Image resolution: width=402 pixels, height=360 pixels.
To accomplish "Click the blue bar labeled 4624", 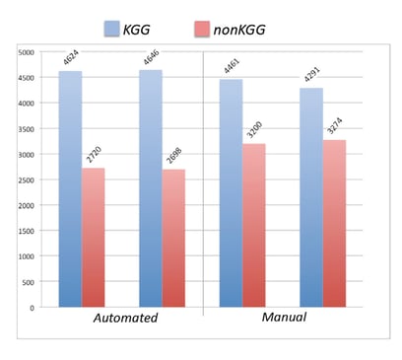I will (69, 188).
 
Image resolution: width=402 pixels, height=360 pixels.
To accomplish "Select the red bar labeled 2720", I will (94, 237).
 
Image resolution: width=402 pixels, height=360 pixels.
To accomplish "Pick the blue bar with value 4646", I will (149, 187).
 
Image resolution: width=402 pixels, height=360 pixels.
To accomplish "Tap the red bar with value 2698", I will (173, 238).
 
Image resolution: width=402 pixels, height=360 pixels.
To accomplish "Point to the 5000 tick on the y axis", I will (28, 51).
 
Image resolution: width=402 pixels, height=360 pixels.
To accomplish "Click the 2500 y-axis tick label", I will (28, 180).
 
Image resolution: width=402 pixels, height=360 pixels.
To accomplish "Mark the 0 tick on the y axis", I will (33, 308).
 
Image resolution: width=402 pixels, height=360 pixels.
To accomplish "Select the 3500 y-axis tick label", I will (28, 128).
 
